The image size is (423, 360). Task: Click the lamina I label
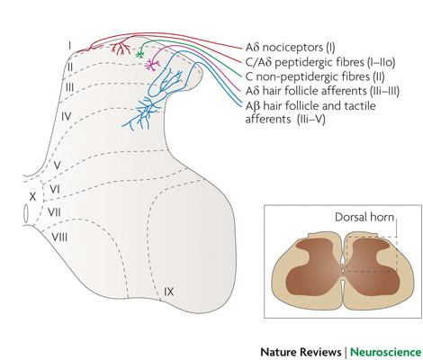tap(69, 46)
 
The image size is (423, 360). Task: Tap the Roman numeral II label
tap(70, 67)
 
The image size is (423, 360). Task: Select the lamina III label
tap(69, 87)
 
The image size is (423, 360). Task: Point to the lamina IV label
tap(67, 116)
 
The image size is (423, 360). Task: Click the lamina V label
tap(57, 166)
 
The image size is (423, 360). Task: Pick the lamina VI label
tap(55, 189)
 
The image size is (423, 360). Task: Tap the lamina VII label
tap(54, 212)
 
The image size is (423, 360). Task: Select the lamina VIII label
tap(59, 238)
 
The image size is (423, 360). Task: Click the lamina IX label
tap(168, 292)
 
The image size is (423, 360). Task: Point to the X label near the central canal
tap(32, 197)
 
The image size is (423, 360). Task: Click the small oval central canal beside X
tap(26, 213)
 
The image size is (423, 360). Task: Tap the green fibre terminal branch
tap(139, 54)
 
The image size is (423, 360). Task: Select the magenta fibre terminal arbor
tap(152, 65)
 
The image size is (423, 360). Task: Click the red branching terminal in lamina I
tap(121, 49)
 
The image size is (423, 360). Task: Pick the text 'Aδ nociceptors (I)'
tap(290, 48)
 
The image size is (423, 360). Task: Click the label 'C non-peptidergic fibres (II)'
tap(315, 76)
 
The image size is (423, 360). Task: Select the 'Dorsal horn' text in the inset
tap(364, 217)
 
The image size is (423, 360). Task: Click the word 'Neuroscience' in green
tap(386, 352)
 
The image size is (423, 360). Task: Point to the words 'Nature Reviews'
tap(301, 352)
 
